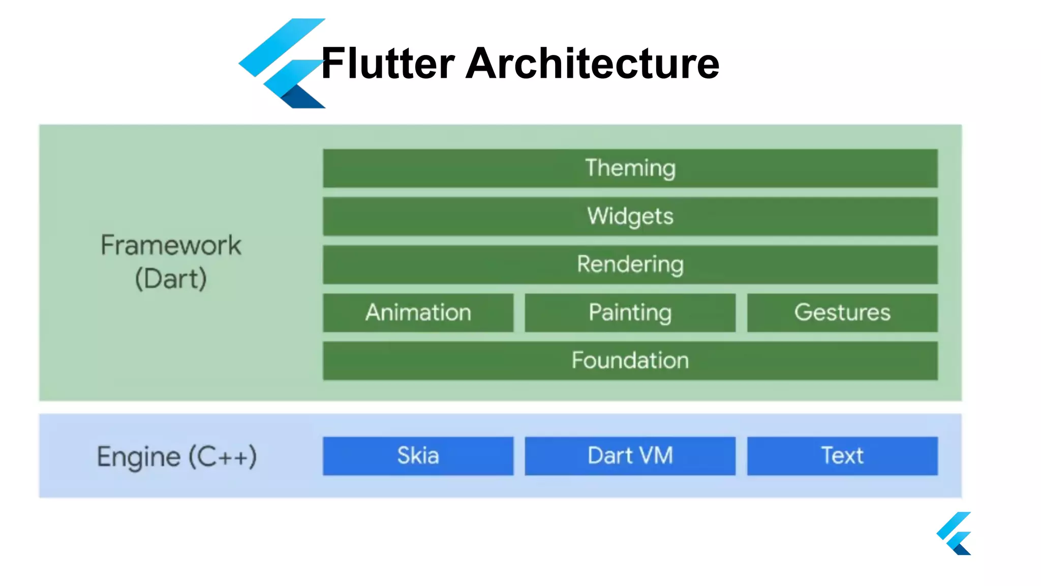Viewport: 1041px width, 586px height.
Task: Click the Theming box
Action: pyautogui.click(x=630, y=168)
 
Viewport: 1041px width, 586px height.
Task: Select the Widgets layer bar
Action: pyautogui.click(x=630, y=217)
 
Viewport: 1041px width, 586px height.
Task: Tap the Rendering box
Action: pyautogui.click(x=630, y=265)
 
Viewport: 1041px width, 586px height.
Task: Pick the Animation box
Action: pyautogui.click(x=418, y=312)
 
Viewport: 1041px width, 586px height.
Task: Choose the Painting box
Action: pyautogui.click(x=630, y=312)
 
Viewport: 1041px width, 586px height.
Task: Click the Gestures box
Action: pyautogui.click(x=842, y=312)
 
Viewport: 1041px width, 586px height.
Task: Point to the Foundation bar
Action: pyautogui.click(x=630, y=361)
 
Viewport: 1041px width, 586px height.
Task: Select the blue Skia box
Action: pyautogui.click(x=418, y=456)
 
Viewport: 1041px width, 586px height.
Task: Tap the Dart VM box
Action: pyautogui.click(x=630, y=456)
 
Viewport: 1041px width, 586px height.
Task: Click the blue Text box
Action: pyautogui.click(x=842, y=456)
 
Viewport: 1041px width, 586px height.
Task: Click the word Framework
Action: pyautogui.click(x=171, y=246)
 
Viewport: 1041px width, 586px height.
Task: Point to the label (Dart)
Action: pyautogui.click(x=171, y=279)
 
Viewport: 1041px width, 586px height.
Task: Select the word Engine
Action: pyautogui.click(x=138, y=457)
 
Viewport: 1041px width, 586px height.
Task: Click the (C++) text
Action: pyautogui.click(x=223, y=457)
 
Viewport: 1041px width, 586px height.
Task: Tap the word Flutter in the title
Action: pyautogui.click(x=388, y=64)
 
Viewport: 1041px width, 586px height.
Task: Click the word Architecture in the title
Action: pyautogui.click(x=592, y=64)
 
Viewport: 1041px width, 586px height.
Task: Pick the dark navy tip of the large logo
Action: pyautogui.click(x=302, y=99)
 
